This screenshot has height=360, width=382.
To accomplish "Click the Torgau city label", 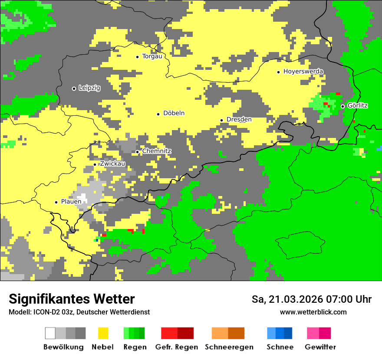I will [x=152, y=56].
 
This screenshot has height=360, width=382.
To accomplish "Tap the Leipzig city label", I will [x=89, y=88].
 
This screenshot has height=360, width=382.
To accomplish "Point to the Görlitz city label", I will [x=358, y=106].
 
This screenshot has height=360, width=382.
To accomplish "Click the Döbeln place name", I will [x=174, y=113].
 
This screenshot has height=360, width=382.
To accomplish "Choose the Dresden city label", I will [x=239, y=120].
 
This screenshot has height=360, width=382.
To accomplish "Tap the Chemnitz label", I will [x=157, y=151].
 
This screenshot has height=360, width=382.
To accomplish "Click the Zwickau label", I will [x=112, y=164].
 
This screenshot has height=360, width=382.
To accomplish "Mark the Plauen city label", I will [x=71, y=202].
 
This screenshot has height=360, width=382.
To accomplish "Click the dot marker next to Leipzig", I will [x=74, y=88].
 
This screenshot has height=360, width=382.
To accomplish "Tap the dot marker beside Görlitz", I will [x=342, y=106].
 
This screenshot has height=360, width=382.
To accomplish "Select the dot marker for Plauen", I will [x=56, y=202].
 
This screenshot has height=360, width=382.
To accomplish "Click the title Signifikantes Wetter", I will [x=72, y=299].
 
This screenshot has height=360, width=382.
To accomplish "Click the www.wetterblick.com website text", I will [x=313, y=312].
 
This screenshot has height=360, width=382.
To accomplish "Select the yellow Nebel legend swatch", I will [x=103, y=333].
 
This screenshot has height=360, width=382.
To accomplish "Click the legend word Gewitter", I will [x=320, y=347].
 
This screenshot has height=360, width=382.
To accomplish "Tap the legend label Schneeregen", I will [x=229, y=347].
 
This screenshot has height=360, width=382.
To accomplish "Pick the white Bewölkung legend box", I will [x=50, y=333].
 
